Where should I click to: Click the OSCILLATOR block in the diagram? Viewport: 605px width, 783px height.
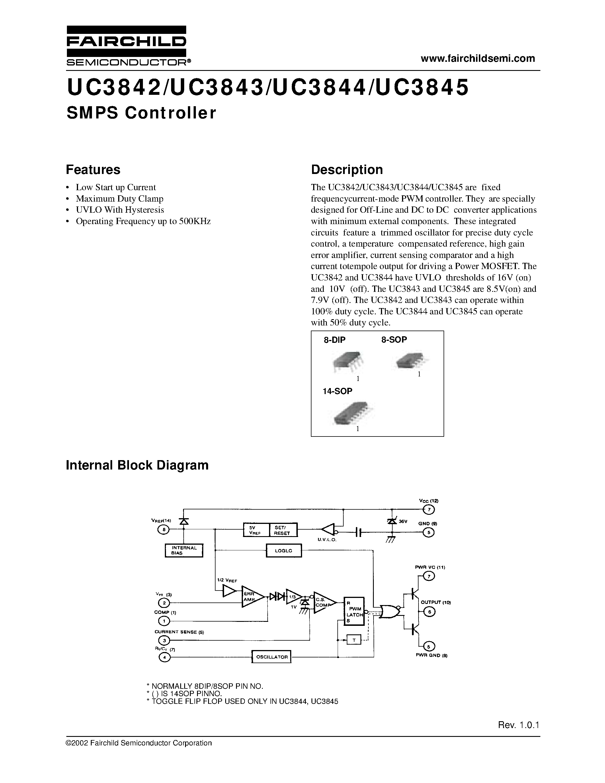coord(271,657)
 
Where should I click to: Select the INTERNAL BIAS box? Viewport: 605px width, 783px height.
coord(184,550)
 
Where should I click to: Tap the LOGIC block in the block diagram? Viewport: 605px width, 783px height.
coord(284,550)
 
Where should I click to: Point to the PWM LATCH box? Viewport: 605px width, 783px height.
coord(354,612)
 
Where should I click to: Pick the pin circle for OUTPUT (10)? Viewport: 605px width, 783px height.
coord(429,612)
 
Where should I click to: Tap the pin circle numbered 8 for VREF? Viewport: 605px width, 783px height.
coord(163,529)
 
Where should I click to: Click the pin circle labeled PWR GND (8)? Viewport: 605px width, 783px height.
coord(429,646)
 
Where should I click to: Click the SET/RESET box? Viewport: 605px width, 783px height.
coord(283,530)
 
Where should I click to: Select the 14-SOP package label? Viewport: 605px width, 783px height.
coord(337,391)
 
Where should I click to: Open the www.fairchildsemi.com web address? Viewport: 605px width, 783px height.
coord(478,58)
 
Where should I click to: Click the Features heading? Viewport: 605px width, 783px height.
coord(93,170)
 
